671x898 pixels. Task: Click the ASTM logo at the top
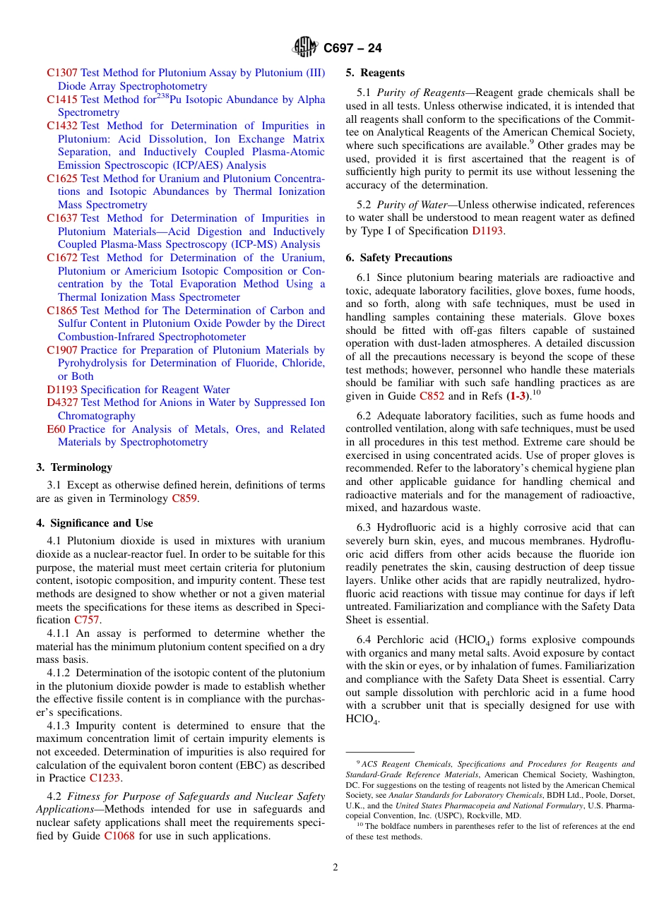coord(305,47)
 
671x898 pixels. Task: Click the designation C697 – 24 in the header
coord(352,48)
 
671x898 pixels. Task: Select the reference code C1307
coord(62,73)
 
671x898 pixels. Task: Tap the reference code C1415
coord(62,100)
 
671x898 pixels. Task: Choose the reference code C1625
coord(62,179)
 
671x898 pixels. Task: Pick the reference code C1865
coord(62,311)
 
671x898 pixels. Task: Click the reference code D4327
coord(62,402)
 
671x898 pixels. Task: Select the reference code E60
coord(56,429)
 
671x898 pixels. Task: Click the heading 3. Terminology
coord(74,467)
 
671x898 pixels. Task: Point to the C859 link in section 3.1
coord(184,498)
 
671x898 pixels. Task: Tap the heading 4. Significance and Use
coord(94,523)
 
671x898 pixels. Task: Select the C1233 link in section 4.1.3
coord(105,778)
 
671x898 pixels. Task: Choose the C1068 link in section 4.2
coord(119,836)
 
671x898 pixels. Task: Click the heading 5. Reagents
coord(375,73)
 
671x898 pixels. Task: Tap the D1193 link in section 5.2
coord(487,231)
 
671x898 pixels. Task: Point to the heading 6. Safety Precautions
coord(399,258)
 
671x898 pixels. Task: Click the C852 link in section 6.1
coord(432,396)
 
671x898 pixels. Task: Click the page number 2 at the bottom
coord(335,868)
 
